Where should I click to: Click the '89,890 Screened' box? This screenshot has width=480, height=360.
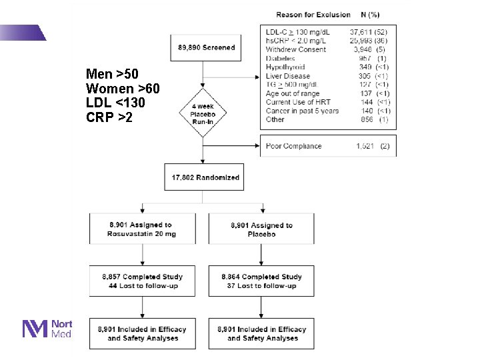(207, 48)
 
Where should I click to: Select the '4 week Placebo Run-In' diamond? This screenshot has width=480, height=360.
(203, 111)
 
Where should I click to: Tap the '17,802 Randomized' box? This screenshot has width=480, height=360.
(204, 177)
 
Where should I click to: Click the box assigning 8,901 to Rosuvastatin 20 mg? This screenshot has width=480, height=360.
(141, 229)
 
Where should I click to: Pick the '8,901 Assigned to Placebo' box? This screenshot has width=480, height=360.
(261, 229)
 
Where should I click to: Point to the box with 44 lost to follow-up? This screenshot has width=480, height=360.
(141, 281)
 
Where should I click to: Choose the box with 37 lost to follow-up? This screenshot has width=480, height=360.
(261, 281)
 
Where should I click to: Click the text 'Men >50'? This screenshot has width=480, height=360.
(112, 74)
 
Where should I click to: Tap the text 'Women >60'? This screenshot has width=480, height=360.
(123, 89)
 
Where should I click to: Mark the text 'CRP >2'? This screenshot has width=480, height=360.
(110, 118)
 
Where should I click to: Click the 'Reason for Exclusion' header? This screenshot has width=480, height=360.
(313, 14)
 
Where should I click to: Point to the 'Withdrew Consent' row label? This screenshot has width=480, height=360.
(295, 49)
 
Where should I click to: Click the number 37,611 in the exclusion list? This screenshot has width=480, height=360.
(365, 32)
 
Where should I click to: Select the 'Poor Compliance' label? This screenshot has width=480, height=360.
(293, 146)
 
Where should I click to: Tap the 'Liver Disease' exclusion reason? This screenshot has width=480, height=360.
(288, 76)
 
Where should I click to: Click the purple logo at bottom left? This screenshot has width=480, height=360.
(35, 329)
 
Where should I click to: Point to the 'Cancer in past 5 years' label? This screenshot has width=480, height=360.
(302, 111)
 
